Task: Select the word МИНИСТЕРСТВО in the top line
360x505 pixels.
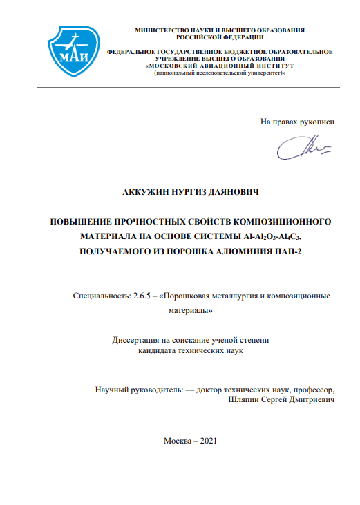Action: point(162,31)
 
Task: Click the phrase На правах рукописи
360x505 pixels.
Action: point(297,122)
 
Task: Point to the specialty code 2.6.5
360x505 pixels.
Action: point(141,296)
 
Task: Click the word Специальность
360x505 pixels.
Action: point(100,296)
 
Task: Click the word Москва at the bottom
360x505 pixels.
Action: point(177,441)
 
